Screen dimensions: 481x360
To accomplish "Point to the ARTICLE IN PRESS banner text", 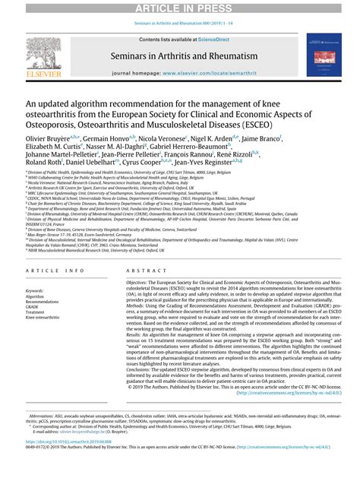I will pos(180,8).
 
